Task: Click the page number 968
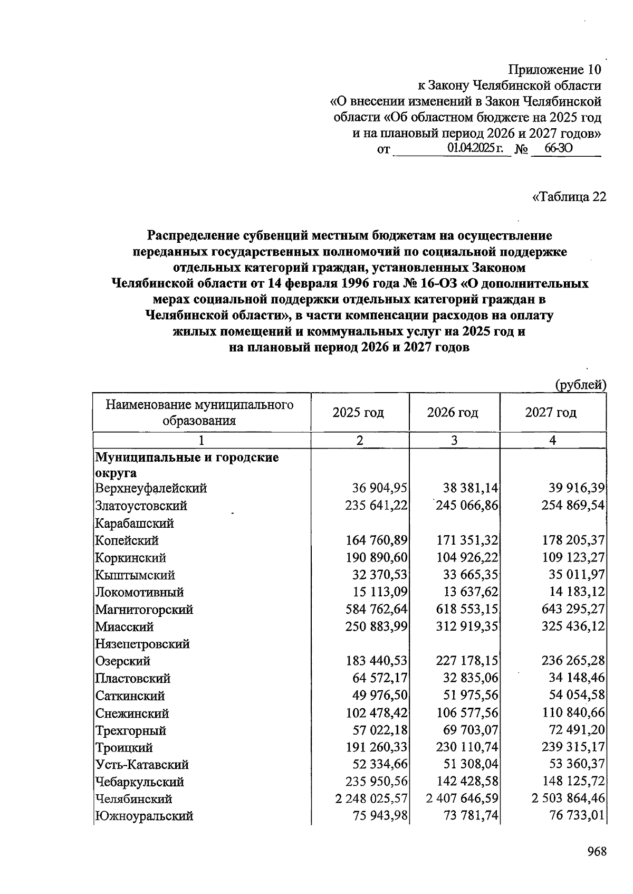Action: [597, 851]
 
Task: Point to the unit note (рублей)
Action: [580, 385]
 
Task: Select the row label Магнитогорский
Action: [144, 610]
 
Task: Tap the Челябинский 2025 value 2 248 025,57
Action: [371, 799]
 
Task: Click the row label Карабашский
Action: [135, 523]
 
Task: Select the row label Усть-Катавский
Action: [142, 765]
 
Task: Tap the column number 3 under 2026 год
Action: [454, 440]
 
